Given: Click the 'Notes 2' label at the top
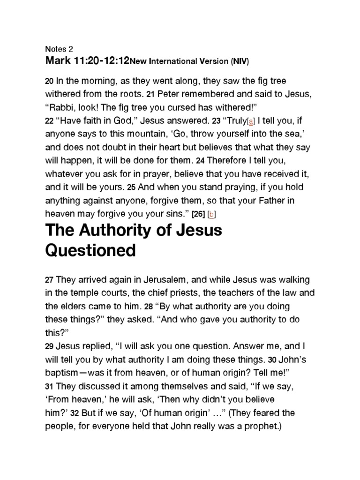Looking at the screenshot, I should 59,49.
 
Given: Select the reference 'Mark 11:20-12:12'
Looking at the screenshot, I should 87,60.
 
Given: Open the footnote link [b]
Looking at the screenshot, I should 212,214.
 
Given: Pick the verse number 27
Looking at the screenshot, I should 49,280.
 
